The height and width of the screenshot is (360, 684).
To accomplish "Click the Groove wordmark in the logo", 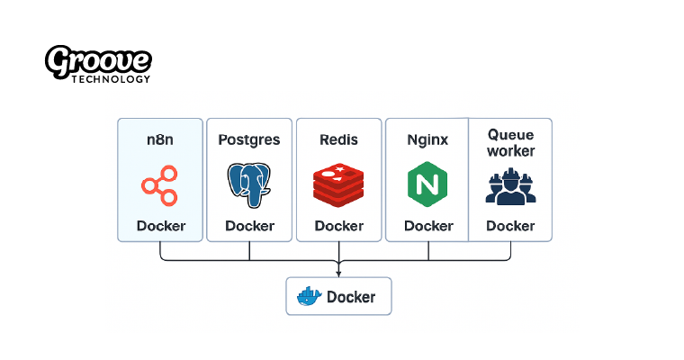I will pyautogui.click(x=98, y=61).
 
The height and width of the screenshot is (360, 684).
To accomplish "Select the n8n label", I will pyautogui.click(x=160, y=139).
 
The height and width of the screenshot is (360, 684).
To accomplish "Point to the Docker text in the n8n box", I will pyautogui.click(x=160, y=226).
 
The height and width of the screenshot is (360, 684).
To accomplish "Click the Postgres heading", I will pyautogui.click(x=249, y=139).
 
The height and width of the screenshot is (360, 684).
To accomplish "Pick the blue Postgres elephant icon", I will pyautogui.click(x=249, y=184).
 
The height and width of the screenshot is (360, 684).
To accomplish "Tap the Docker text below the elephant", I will pyautogui.click(x=249, y=226).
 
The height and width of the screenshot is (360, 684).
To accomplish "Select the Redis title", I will pyautogui.click(x=338, y=139).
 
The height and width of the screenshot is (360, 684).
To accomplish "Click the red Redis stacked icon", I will pyautogui.click(x=338, y=184).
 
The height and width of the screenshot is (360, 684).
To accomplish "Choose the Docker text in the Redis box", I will pyautogui.click(x=338, y=226).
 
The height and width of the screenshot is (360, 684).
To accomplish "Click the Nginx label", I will pyautogui.click(x=427, y=139).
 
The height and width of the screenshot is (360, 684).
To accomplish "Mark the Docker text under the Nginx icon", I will pyautogui.click(x=427, y=226).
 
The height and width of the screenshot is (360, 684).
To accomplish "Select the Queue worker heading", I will pyautogui.click(x=510, y=142).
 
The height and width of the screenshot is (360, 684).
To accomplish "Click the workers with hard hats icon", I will pyautogui.click(x=510, y=187).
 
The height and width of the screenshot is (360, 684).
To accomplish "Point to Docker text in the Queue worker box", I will pyautogui.click(x=510, y=226).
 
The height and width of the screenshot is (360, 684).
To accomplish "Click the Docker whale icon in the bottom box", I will pyautogui.click(x=308, y=296).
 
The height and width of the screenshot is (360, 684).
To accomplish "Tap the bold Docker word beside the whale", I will pyautogui.click(x=351, y=296).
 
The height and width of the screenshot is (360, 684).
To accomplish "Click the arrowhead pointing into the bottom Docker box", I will pyautogui.click(x=338, y=273).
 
